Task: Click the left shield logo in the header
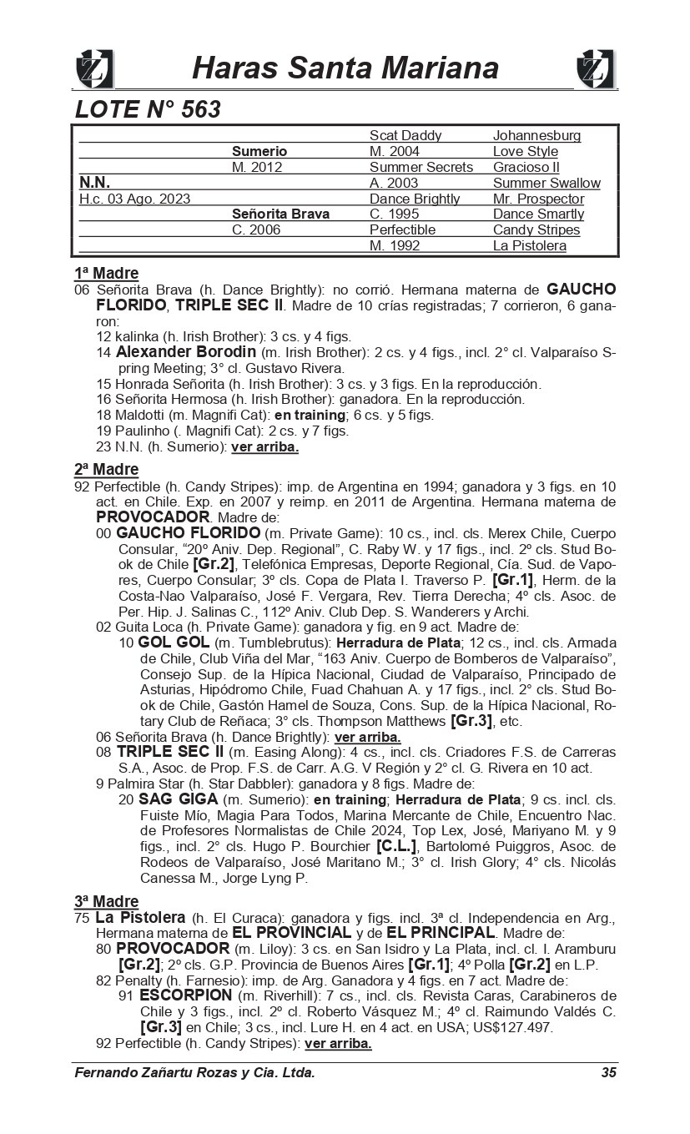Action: click(94, 68)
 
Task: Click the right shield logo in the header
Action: click(596, 68)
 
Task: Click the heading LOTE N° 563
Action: click(148, 109)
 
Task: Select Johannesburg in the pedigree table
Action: click(536, 136)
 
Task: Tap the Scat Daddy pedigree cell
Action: click(405, 136)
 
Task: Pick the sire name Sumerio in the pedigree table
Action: click(259, 152)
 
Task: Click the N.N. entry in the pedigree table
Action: click(94, 183)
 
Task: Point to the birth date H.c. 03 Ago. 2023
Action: click(134, 199)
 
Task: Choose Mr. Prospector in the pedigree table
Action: click(538, 199)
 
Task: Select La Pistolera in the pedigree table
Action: click(529, 246)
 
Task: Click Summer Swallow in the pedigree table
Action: click(546, 184)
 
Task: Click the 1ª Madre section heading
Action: click(106, 274)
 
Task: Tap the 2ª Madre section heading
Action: click(106, 470)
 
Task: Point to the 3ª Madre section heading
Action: click(106, 901)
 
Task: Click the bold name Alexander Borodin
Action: click(186, 352)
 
